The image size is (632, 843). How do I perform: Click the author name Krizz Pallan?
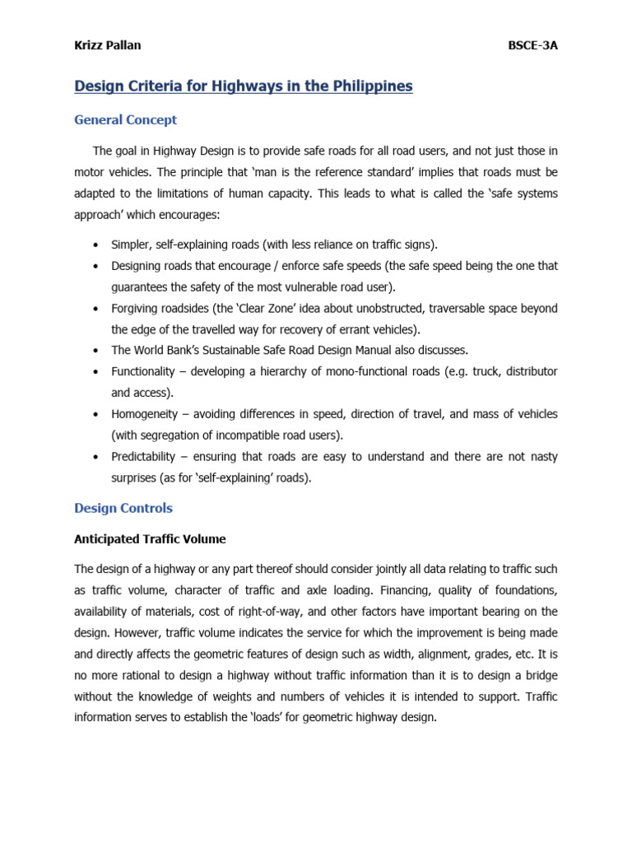107,45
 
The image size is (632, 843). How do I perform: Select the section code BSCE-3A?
533,45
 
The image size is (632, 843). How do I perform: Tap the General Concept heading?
125,120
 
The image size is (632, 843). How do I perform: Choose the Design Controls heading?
123,508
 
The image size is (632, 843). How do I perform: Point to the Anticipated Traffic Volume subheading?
150,539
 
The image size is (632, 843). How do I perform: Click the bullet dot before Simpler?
96,245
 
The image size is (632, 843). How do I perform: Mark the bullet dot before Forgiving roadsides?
96,309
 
